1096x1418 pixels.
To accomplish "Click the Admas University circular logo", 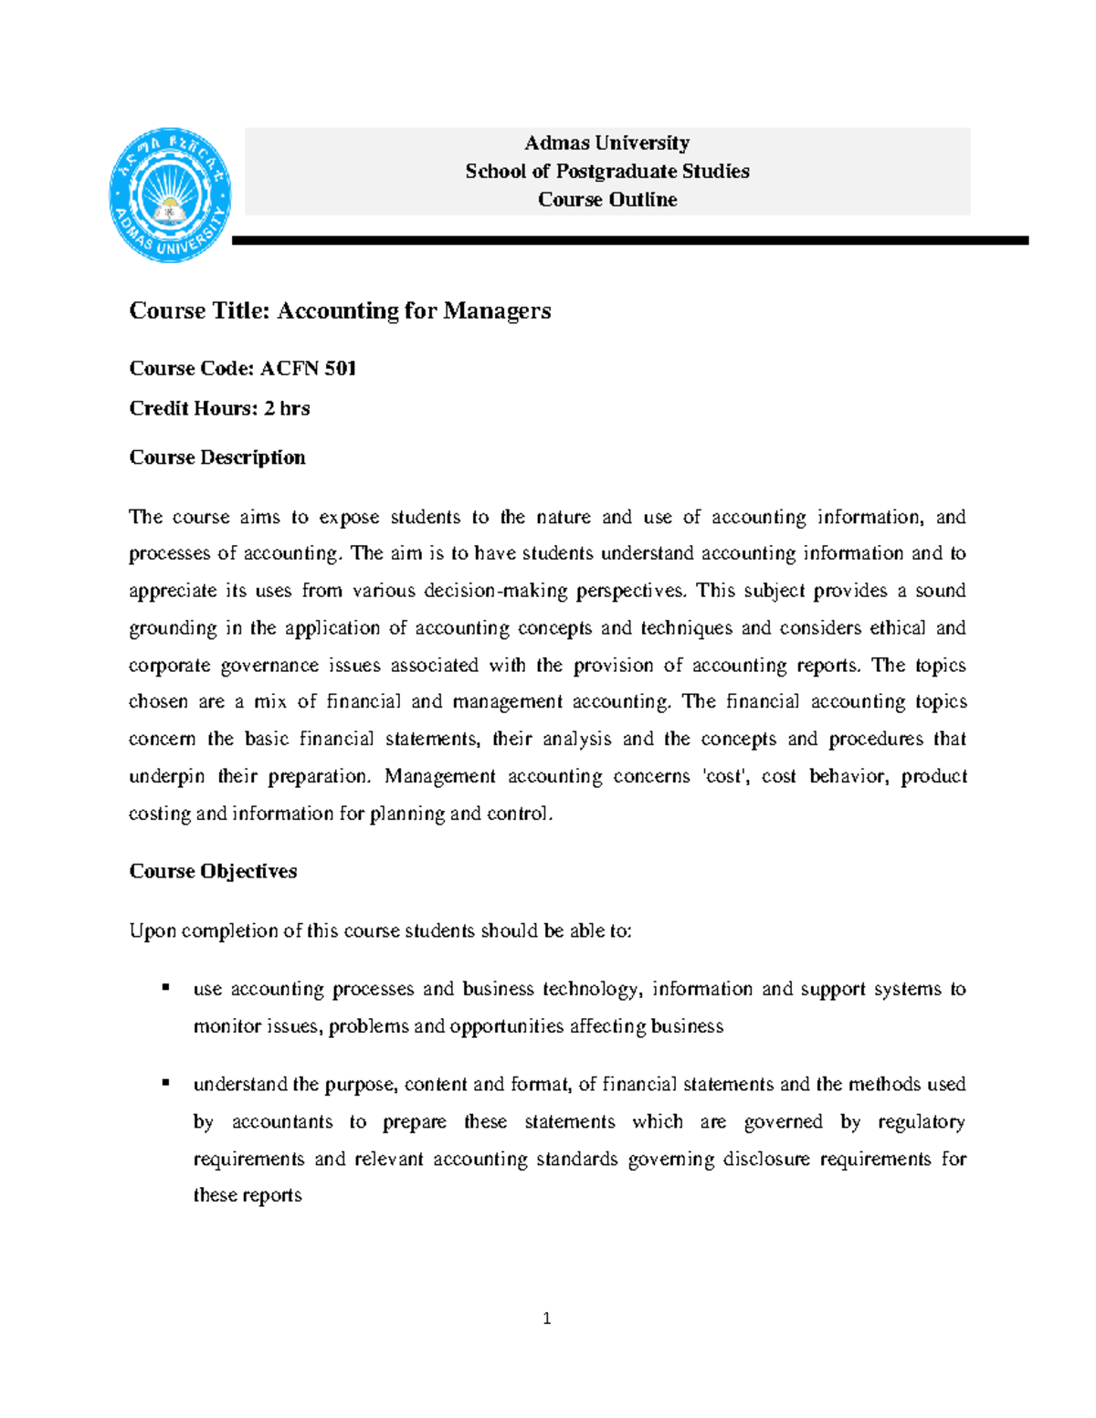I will click(170, 195).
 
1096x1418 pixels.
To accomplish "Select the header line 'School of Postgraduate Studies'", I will click(607, 172).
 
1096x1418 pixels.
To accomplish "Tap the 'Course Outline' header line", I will click(607, 200).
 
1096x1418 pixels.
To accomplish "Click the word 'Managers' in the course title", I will click(497, 311).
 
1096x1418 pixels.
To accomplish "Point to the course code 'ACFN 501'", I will click(308, 369).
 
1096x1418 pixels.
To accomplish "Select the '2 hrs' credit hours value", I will click(287, 409).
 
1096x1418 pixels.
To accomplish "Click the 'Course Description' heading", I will click(217, 457).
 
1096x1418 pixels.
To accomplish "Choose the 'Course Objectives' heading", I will click(213, 872).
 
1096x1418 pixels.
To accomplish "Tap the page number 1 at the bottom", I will click(546, 1318).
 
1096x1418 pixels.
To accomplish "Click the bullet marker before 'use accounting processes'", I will click(165, 987).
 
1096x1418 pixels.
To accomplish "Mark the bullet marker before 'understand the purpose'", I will click(165, 1082).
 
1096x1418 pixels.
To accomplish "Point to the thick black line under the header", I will click(630, 241).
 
